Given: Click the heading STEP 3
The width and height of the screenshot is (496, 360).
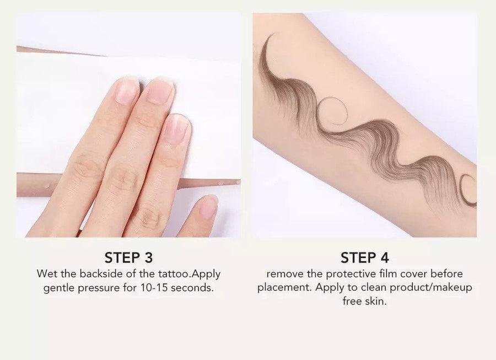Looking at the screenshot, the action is [x=128, y=258].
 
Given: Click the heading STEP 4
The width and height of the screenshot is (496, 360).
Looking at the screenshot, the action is [x=364, y=258].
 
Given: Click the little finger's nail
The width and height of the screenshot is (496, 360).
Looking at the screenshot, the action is [x=208, y=207].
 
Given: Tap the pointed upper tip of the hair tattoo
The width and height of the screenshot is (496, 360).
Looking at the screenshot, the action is [x=273, y=35].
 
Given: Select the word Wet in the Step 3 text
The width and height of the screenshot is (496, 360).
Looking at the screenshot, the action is [x=46, y=273].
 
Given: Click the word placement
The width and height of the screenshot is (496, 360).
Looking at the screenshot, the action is [x=284, y=288].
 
